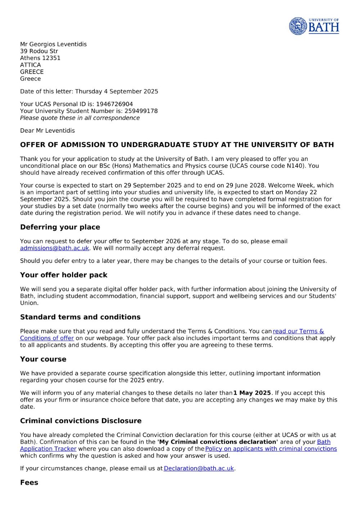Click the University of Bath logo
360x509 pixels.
pyautogui.click(x=314, y=26)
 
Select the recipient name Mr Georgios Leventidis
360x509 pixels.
pyautogui.click(x=53, y=44)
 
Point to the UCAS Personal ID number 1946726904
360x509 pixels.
pyautogui.click(x=114, y=104)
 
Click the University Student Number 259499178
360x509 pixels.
pyautogui.click(x=141, y=111)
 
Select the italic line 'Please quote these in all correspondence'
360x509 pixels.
pyautogui.click(x=80, y=118)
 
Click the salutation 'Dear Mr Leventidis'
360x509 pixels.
pyautogui.click(x=48, y=131)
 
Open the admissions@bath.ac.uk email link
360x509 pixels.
pyautogui.click(x=54, y=248)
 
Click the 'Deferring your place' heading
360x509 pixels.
pyautogui.click(x=60, y=227)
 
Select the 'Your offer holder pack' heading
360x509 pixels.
pyautogui.click(x=64, y=275)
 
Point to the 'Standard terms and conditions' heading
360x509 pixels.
pyautogui.click(x=80, y=317)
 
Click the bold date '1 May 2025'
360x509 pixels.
pyautogui.click(x=252, y=393)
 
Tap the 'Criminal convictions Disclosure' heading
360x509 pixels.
pyautogui.click(x=81, y=421)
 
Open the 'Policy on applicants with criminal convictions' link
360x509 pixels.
pyautogui.click(x=271, y=449)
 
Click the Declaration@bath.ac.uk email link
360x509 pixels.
pyautogui.click(x=199, y=468)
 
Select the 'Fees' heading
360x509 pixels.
pyautogui.click(x=29, y=483)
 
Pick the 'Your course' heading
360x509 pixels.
pyautogui.click(x=43, y=359)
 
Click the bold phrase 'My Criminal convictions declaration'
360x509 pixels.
pyautogui.click(x=217, y=442)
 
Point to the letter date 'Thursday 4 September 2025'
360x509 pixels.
pyautogui.click(x=117, y=91)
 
